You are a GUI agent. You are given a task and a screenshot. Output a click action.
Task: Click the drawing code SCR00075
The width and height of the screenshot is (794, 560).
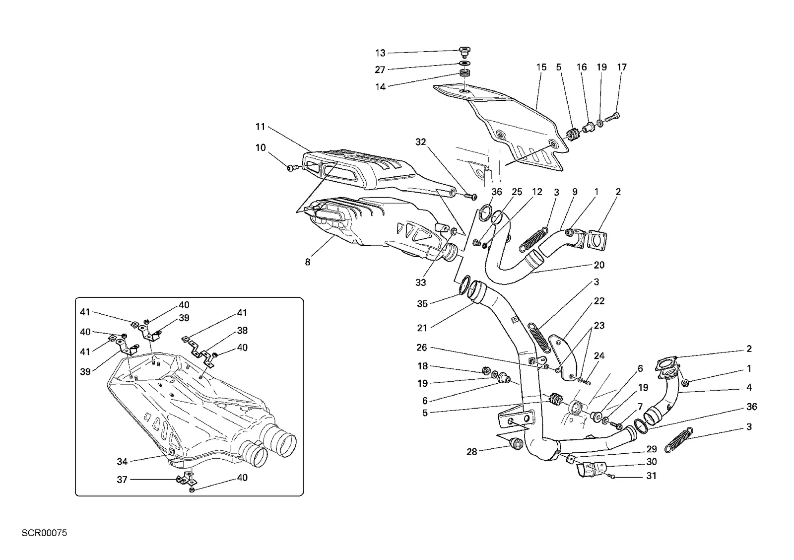click(44, 533)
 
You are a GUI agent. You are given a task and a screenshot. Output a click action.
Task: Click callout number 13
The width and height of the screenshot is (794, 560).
click(380, 53)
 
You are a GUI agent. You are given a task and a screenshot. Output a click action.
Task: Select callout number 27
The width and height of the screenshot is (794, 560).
click(380, 70)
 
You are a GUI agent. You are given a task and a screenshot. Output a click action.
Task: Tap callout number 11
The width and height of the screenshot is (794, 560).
click(260, 127)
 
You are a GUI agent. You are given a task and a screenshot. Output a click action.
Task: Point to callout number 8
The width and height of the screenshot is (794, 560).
click(307, 262)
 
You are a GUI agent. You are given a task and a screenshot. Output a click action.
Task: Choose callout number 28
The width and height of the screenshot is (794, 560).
click(471, 452)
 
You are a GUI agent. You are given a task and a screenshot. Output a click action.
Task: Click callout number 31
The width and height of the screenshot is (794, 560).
click(652, 476)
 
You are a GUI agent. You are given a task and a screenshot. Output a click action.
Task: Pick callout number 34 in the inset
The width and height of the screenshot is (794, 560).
click(122, 461)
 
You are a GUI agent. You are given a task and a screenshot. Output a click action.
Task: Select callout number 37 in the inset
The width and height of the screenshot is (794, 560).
click(122, 480)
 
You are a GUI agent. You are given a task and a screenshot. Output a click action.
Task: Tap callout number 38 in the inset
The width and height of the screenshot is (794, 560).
click(242, 331)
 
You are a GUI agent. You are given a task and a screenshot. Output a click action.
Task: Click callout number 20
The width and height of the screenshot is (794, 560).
click(599, 265)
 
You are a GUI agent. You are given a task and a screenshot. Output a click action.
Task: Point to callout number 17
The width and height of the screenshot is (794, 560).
click(622, 67)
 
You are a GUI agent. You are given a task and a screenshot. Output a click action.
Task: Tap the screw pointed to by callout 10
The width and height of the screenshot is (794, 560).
click(291, 167)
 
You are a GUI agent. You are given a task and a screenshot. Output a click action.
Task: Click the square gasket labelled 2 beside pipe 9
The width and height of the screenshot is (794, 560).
click(596, 240)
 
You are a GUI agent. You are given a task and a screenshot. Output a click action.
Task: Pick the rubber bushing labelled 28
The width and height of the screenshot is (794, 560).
click(516, 444)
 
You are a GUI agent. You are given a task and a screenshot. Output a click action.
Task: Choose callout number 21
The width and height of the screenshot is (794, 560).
click(422, 328)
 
